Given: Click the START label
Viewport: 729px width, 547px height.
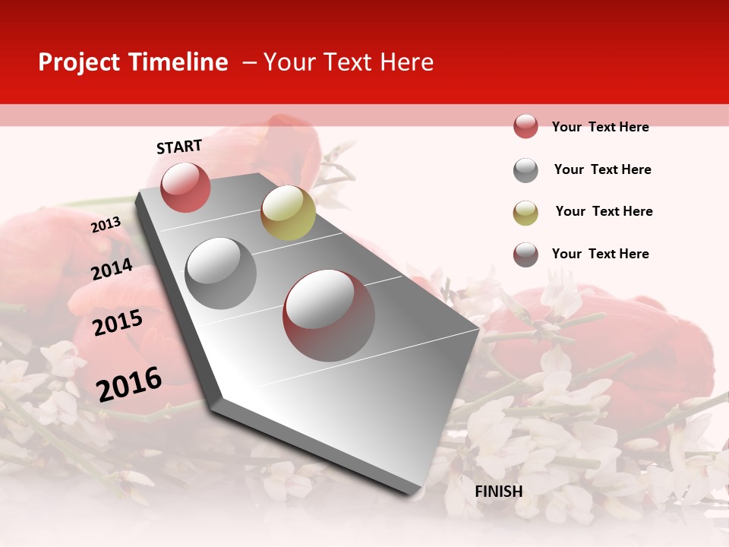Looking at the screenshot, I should pos(179,147).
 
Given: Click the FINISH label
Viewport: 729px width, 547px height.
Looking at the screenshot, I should pos(499,491).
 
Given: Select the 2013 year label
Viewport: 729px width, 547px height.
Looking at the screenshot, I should pos(106,224).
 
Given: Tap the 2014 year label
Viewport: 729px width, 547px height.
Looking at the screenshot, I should pos(112,269).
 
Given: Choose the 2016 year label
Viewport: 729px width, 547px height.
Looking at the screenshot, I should pos(129,384).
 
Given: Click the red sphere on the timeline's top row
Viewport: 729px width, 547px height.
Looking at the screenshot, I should pos(185,187).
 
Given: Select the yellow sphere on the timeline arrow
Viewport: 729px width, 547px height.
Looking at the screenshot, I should pos(288,213).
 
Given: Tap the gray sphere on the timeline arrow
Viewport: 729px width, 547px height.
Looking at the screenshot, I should pos(221,273).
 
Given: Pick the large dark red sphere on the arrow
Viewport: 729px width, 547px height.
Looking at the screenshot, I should pos(329,315).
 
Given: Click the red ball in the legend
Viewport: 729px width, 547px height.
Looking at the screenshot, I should pos(525,126).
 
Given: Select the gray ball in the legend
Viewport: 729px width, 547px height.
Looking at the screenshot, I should pos(525,170).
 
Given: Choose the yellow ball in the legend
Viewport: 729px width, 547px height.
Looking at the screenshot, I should pos(525,213).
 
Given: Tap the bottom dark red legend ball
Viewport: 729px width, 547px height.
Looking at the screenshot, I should pos(525,255).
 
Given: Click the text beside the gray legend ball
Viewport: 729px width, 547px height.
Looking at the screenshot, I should pos(602,169).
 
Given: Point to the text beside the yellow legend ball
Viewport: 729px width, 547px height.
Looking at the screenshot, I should pos(604,211).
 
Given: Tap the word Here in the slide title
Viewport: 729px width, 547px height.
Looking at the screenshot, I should pos(406,62).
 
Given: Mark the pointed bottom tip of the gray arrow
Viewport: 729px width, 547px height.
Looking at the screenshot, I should pos(414,495).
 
